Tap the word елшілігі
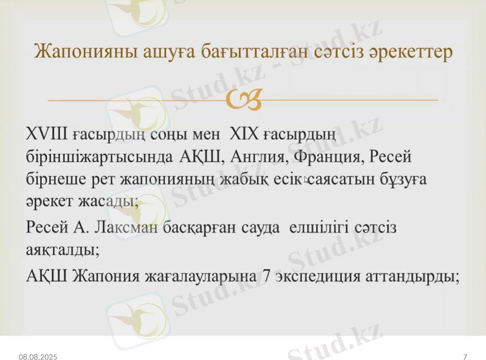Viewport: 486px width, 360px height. coord(323,228)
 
